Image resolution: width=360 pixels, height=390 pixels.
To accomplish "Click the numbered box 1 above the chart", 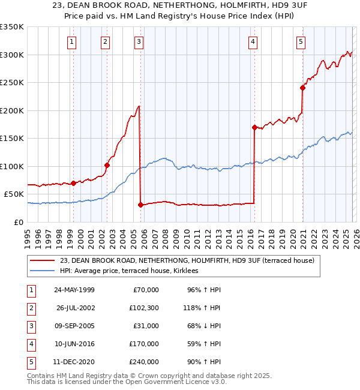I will coord(72,41).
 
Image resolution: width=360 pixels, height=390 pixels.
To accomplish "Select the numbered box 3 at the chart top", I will coord(139,41).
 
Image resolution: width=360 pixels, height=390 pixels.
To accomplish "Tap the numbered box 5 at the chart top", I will coord(300,41).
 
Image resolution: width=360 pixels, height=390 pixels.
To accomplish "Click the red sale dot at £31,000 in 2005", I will coord(140,205).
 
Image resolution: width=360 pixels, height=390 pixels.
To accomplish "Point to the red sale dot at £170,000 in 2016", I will coord(254,127).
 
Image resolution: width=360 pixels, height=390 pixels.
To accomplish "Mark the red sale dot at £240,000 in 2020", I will coord(302,88).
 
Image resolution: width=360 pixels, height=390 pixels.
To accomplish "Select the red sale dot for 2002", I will coord(107,165).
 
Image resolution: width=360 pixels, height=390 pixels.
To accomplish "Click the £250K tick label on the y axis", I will coord(12,82).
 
